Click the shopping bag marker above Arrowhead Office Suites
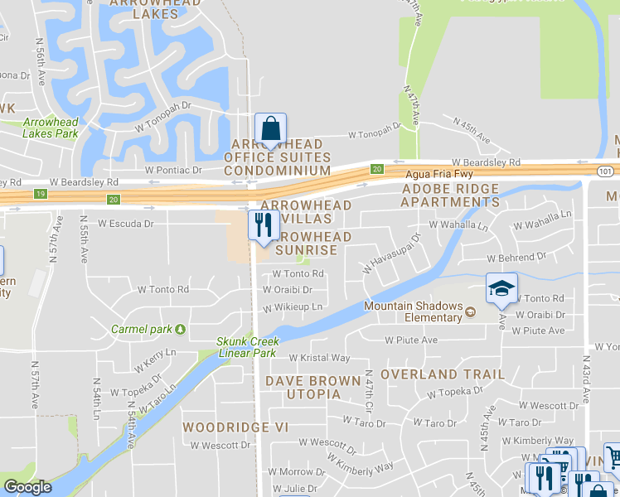(270, 129)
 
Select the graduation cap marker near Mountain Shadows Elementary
(501, 288)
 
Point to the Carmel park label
(143, 329)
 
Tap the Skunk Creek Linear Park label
(246, 347)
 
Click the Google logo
(27, 487)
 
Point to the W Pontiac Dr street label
(173, 170)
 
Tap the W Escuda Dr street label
(126, 224)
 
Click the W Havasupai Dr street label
(391, 253)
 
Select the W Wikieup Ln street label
(292, 307)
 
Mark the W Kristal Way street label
(319, 358)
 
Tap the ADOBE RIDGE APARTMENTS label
(450, 195)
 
